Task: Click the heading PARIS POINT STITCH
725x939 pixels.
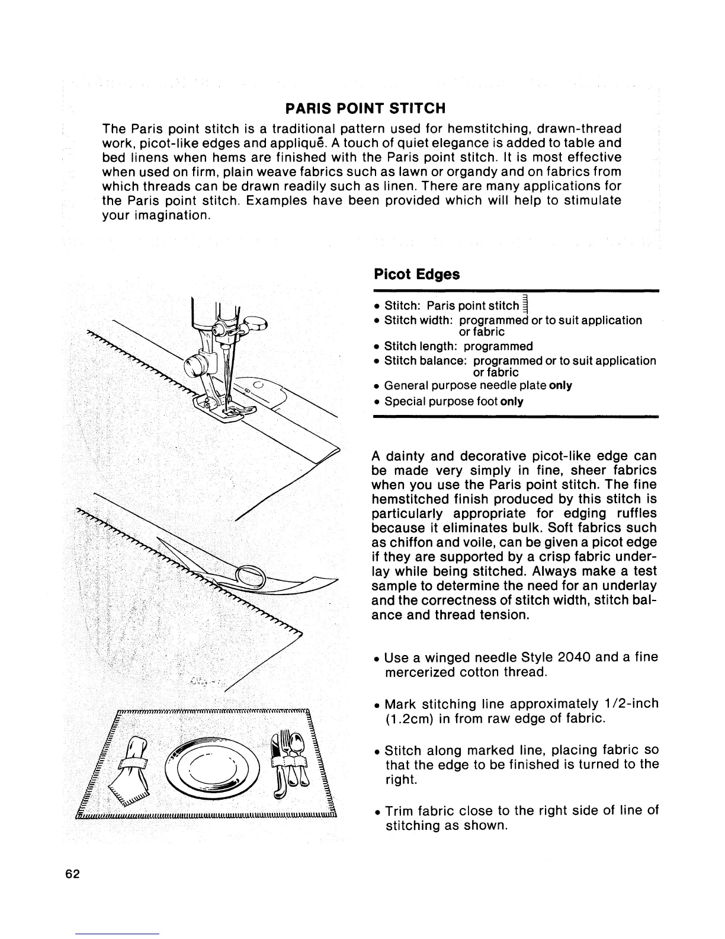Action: pyautogui.click(x=365, y=108)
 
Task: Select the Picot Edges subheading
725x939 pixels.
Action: pyautogui.click(x=416, y=275)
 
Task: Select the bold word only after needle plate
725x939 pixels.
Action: pyautogui.click(x=560, y=386)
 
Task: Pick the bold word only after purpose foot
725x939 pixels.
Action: pyautogui.click(x=512, y=402)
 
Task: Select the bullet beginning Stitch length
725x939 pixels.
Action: pyautogui.click(x=458, y=346)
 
